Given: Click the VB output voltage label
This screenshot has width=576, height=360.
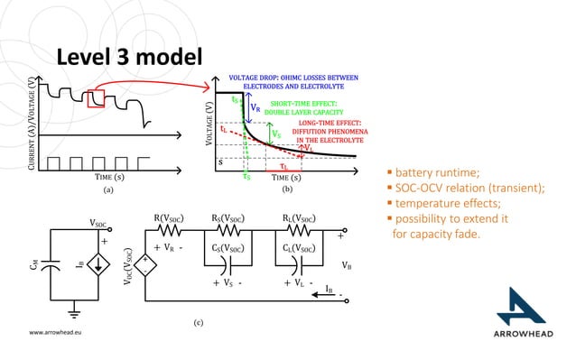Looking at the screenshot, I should [x=347, y=265].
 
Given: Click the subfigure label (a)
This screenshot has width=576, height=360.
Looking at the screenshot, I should [x=107, y=191].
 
